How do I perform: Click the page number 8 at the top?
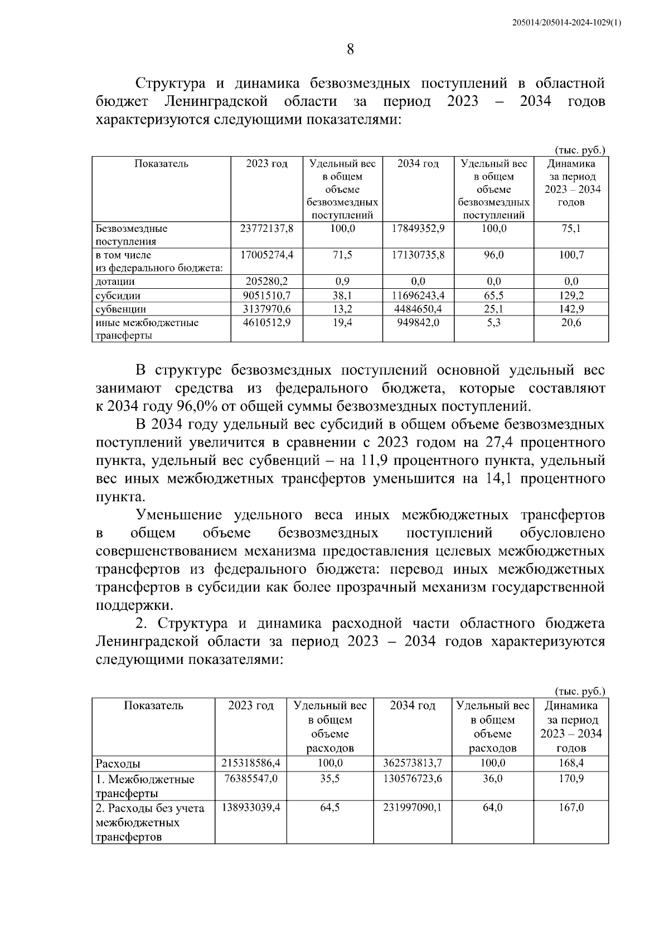pos(350,50)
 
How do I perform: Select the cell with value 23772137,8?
pos(266,229)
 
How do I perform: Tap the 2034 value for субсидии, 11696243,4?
pos(418,295)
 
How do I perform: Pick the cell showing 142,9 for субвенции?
pos(571,309)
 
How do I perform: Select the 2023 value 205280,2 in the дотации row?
pos(266,282)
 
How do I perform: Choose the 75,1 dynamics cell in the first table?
pos(571,229)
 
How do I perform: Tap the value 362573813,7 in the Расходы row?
pos(413,763)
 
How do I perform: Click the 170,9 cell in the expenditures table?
pos(571,778)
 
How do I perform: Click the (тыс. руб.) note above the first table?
pos(579,151)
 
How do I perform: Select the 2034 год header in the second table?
pos(413,706)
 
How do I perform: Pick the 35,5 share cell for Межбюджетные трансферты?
pos(329,778)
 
